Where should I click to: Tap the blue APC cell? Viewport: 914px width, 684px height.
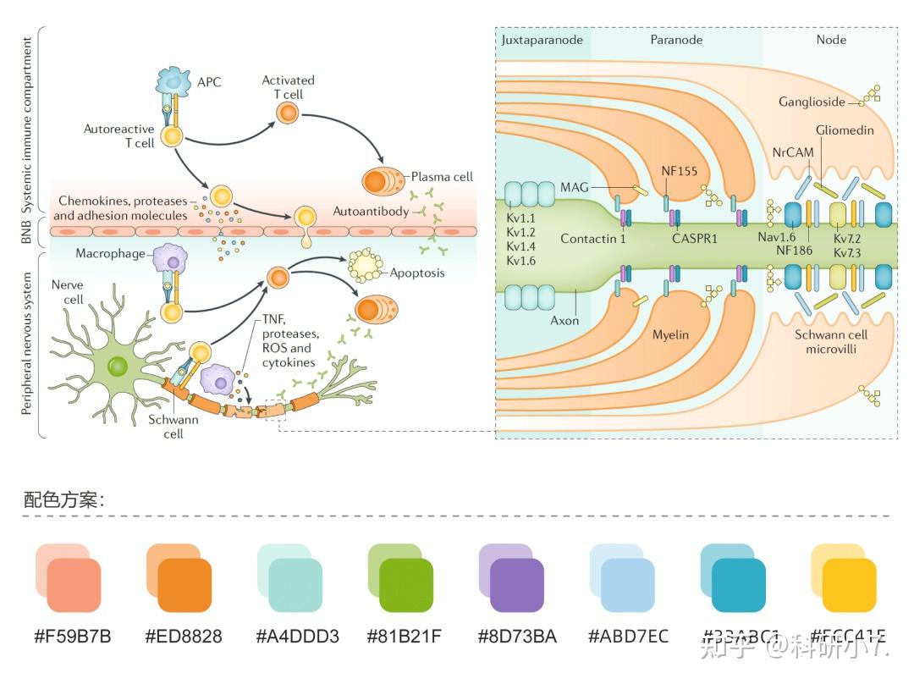[173, 82]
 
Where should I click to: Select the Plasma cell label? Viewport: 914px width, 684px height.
[442, 177]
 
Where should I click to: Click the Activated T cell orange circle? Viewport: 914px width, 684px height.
[289, 113]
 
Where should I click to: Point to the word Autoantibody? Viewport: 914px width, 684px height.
[371, 211]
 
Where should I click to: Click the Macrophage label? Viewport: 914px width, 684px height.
[110, 253]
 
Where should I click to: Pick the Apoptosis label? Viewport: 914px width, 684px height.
[417, 273]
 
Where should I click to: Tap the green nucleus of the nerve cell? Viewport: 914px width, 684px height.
[117, 367]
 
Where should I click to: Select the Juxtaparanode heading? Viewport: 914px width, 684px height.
[542, 40]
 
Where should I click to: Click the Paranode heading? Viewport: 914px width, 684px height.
[676, 40]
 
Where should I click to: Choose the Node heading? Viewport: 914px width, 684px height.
[830, 40]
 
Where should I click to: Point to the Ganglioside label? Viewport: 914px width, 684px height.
[812, 102]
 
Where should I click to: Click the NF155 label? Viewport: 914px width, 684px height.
[679, 171]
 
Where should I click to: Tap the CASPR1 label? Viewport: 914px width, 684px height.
[694, 239]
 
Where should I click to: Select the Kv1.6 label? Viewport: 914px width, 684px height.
[521, 261]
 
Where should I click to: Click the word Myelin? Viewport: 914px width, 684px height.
[670, 334]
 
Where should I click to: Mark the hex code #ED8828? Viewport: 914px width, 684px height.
[184, 636]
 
